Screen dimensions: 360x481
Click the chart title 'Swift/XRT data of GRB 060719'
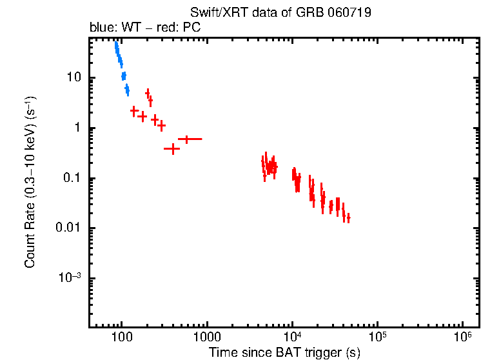[x=280, y=13]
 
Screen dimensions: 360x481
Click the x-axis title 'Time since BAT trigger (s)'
[x=284, y=352]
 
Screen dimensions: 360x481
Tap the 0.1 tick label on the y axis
[x=71, y=178]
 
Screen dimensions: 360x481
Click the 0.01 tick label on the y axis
[x=68, y=228]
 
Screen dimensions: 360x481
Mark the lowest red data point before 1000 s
[x=172, y=149]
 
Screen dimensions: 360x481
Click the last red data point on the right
[x=348, y=218]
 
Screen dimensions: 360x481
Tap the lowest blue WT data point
[x=127, y=90]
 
